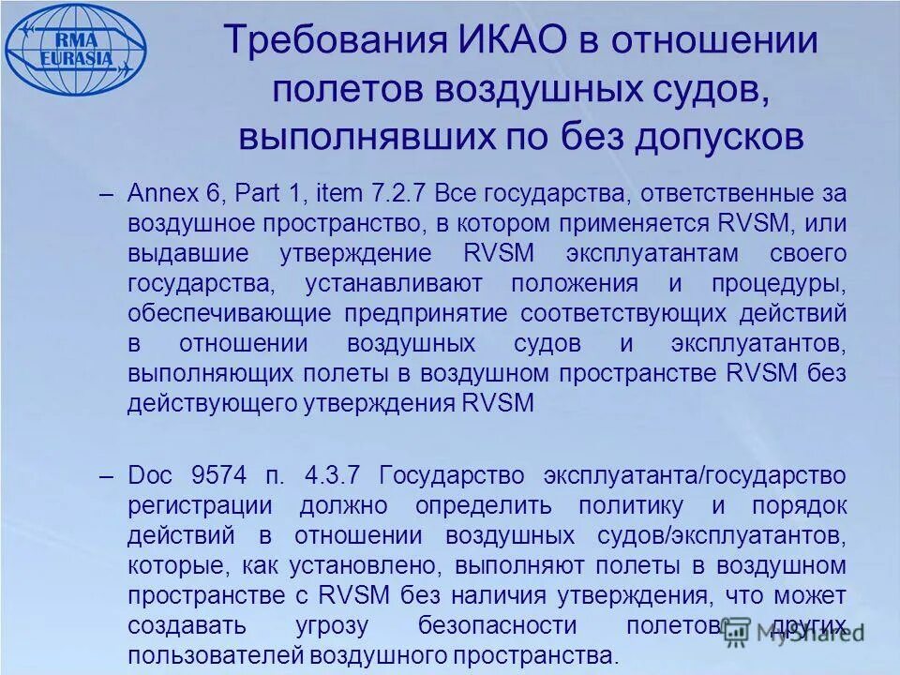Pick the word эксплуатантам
[647, 254]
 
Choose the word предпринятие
[427, 314]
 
